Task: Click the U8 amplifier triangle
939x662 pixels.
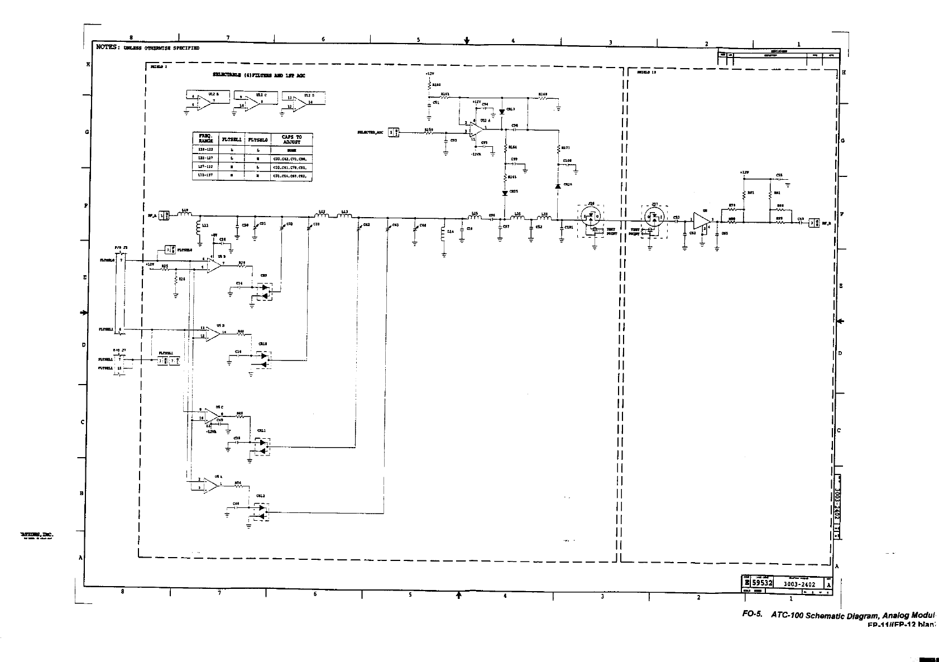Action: (x=700, y=220)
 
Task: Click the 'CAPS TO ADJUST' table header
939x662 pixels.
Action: (x=291, y=140)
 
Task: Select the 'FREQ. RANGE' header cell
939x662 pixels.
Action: (x=202, y=140)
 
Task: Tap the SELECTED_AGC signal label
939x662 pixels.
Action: (x=370, y=132)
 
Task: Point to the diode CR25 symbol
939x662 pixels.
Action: (x=505, y=193)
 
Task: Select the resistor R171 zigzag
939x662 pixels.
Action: (x=558, y=148)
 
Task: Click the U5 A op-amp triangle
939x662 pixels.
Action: (x=211, y=486)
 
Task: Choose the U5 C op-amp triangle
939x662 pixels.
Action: (x=212, y=415)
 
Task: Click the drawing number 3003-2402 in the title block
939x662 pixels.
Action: (x=799, y=584)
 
